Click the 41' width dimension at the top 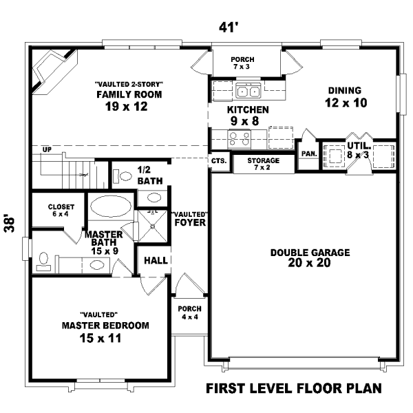(x=226, y=28)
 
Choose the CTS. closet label (x=219, y=161)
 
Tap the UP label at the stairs (x=47, y=149)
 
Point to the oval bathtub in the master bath (x=109, y=206)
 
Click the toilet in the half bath (x=125, y=176)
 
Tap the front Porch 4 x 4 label (x=188, y=313)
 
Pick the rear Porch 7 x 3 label (x=243, y=63)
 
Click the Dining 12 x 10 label (x=346, y=97)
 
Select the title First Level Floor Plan (x=293, y=388)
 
